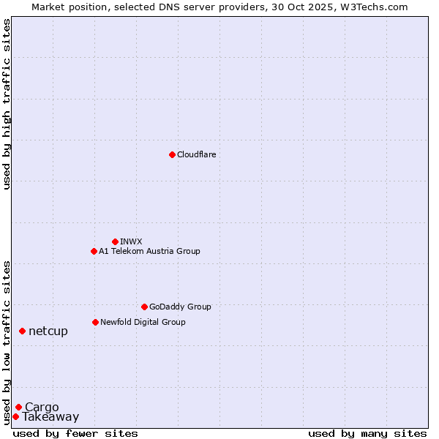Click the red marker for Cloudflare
[x=172, y=154]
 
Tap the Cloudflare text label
[x=197, y=154]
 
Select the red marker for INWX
[x=115, y=241]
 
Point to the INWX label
[x=132, y=241]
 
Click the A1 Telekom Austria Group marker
[x=94, y=251]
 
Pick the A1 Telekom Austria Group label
[x=149, y=251]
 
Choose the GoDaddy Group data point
[x=144, y=307]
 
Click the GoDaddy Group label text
[x=180, y=307]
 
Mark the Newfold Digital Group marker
[x=95, y=322]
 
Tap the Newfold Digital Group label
[x=143, y=322]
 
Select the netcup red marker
[x=22, y=331]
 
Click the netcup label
[x=48, y=331]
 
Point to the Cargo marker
[x=18, y=407]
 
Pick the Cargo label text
[x=42, y=408]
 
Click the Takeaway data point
[x=15, y=416]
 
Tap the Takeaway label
[x=50, y=417]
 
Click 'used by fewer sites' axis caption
[x=75, y=433]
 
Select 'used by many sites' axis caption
[x=367, y=433]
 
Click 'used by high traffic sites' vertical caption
[x=7, y=104]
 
